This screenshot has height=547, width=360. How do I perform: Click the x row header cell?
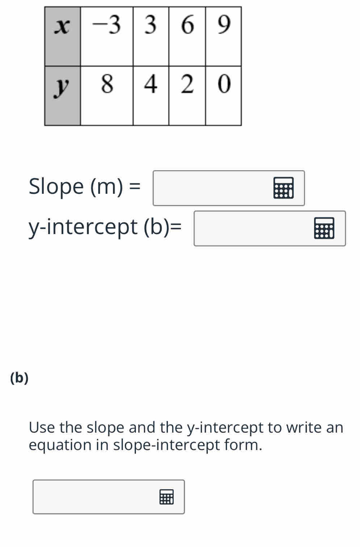62,36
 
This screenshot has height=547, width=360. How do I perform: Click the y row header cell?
62,96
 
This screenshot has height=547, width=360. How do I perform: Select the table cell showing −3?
106,36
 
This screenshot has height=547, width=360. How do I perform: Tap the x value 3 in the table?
151,36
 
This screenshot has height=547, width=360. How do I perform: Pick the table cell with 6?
187,36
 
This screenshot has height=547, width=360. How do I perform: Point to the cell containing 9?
224,36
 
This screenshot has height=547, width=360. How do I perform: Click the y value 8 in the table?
106,96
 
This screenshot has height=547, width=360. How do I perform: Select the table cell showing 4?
151,96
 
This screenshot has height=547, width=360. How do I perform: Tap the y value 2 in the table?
187,96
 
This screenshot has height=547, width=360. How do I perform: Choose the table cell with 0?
224,96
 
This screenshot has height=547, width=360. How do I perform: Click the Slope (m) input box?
229,188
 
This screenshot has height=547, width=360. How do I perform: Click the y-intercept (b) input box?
270,228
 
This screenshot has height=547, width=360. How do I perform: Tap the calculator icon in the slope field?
283,188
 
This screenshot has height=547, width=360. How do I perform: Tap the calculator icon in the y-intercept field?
324,228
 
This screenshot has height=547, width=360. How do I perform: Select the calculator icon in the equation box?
166,497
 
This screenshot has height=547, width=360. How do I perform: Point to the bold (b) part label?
19,378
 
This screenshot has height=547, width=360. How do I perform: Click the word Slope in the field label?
56,186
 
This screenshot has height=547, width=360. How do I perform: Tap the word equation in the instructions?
60,446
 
